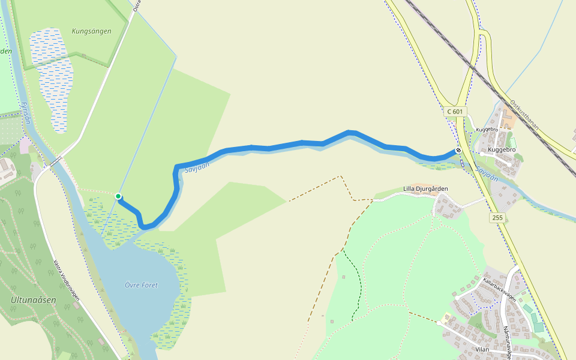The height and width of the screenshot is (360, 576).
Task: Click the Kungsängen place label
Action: tap(91, 31)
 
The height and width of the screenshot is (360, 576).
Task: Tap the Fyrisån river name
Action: tap(25, 112)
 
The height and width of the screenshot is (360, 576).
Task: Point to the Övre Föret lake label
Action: tap(142, 285)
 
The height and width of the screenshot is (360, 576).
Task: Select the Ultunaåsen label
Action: tap(29, 299)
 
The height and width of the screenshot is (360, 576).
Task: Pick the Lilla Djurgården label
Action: tap(425, 188)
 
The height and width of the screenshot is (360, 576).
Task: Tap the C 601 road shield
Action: tap(455, 112)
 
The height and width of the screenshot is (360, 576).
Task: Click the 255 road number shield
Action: tap(497, 217)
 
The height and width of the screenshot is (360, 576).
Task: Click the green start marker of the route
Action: tap(119, 196)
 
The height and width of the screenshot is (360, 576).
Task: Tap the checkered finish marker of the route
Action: tap(458, 150)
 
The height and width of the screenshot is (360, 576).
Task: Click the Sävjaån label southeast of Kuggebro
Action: tap(487, 174)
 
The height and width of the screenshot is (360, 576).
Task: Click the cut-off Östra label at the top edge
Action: tap(136, 5)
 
